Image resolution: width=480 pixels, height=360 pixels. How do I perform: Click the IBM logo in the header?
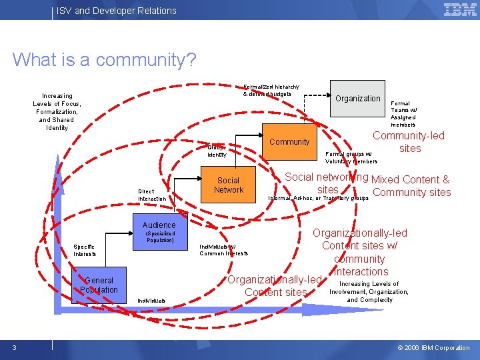coord(460,9)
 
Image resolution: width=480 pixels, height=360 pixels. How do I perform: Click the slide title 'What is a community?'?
coord(104,60)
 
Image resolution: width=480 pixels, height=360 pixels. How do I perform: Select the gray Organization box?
coord(357,99)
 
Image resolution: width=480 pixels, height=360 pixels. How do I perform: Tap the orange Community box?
coord(289,141)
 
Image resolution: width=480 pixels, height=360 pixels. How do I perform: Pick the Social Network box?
coord(229,185)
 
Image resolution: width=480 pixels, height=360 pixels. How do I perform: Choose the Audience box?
coord(159,225)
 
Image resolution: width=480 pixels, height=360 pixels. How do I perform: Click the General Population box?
coord(99,285)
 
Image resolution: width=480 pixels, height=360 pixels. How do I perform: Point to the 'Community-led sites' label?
coord(409,142)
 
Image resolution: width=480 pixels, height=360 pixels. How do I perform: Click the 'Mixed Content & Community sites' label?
coord(411,186)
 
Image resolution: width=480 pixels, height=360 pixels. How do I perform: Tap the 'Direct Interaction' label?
coord(152,195)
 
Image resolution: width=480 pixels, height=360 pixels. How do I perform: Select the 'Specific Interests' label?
coord(85,250)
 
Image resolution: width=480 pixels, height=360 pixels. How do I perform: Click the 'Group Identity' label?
coord(217,151)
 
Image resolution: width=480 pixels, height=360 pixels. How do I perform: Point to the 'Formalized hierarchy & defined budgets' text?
coord(271,91)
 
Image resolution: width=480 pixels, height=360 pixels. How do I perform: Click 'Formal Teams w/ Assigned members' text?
coord(404,114)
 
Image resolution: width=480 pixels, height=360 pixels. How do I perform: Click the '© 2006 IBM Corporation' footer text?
coord(433,347)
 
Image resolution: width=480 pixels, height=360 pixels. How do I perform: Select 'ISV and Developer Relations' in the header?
coord(117,11)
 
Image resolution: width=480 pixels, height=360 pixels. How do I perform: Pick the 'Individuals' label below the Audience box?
coord(152,301)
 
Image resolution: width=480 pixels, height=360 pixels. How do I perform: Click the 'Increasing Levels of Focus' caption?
coord(57,112)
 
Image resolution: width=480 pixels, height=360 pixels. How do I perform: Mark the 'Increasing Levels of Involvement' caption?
coord(369,291)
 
